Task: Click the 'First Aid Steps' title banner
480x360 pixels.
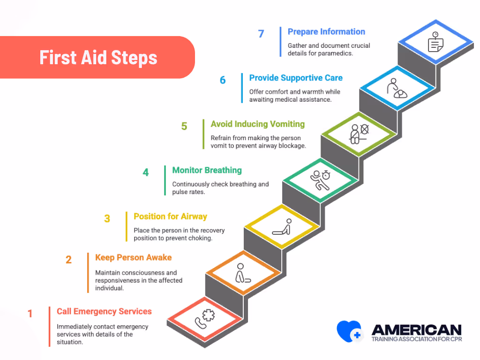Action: click(97, 57)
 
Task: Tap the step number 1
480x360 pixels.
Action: click(30, 314)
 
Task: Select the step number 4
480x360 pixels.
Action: click(146, 172)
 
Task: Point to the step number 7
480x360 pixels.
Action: click(261, 34)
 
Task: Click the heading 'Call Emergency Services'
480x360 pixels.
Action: click(104, 311)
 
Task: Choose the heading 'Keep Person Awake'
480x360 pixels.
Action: click(133, 257)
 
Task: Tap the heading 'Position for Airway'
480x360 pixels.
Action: click(170, 216)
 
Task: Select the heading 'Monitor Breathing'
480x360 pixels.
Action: click(207, 170)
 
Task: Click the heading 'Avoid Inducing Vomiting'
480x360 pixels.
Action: click(257, 124)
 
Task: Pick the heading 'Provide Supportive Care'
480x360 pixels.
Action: click(296, 78)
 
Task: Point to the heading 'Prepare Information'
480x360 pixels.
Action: click(326, 32)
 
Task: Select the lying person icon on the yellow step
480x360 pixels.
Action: click(282, 227)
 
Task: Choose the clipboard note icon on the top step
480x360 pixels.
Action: click(435, 43)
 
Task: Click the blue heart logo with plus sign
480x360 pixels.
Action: click(350, 331)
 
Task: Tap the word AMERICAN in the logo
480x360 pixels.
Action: click(416, 330)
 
